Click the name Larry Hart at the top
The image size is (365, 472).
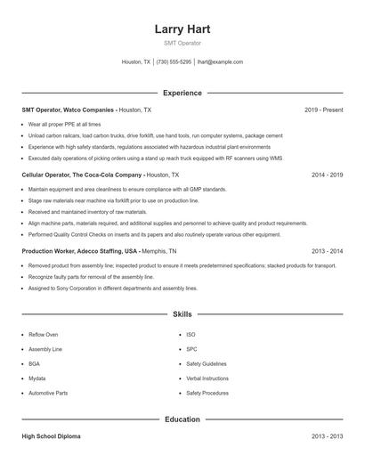[x=182, y=28]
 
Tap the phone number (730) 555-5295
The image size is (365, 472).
[x=174, y=62]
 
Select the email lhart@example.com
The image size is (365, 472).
[x=220, y=62]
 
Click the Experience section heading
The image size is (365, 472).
[x=182, y=93]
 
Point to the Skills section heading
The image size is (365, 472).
[x=182, y=314]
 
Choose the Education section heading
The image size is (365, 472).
[x=182, y=419]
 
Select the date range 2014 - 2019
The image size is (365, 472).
[x=327, y=175]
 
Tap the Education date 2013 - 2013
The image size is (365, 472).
[x=327, y=437]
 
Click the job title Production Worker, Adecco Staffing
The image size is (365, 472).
[x=79, y=252]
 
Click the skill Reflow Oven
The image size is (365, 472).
[x=44, y=335]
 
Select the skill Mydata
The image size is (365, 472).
[x=37, y=378]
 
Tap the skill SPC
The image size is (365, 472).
[x=191, y=349]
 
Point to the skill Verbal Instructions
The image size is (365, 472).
[x=207, y=378]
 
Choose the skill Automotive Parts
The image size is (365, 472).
[x=48, y=393]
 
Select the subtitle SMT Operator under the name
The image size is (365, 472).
[x=182, y=43]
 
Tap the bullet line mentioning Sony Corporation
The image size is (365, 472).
[x=112, y=289]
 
